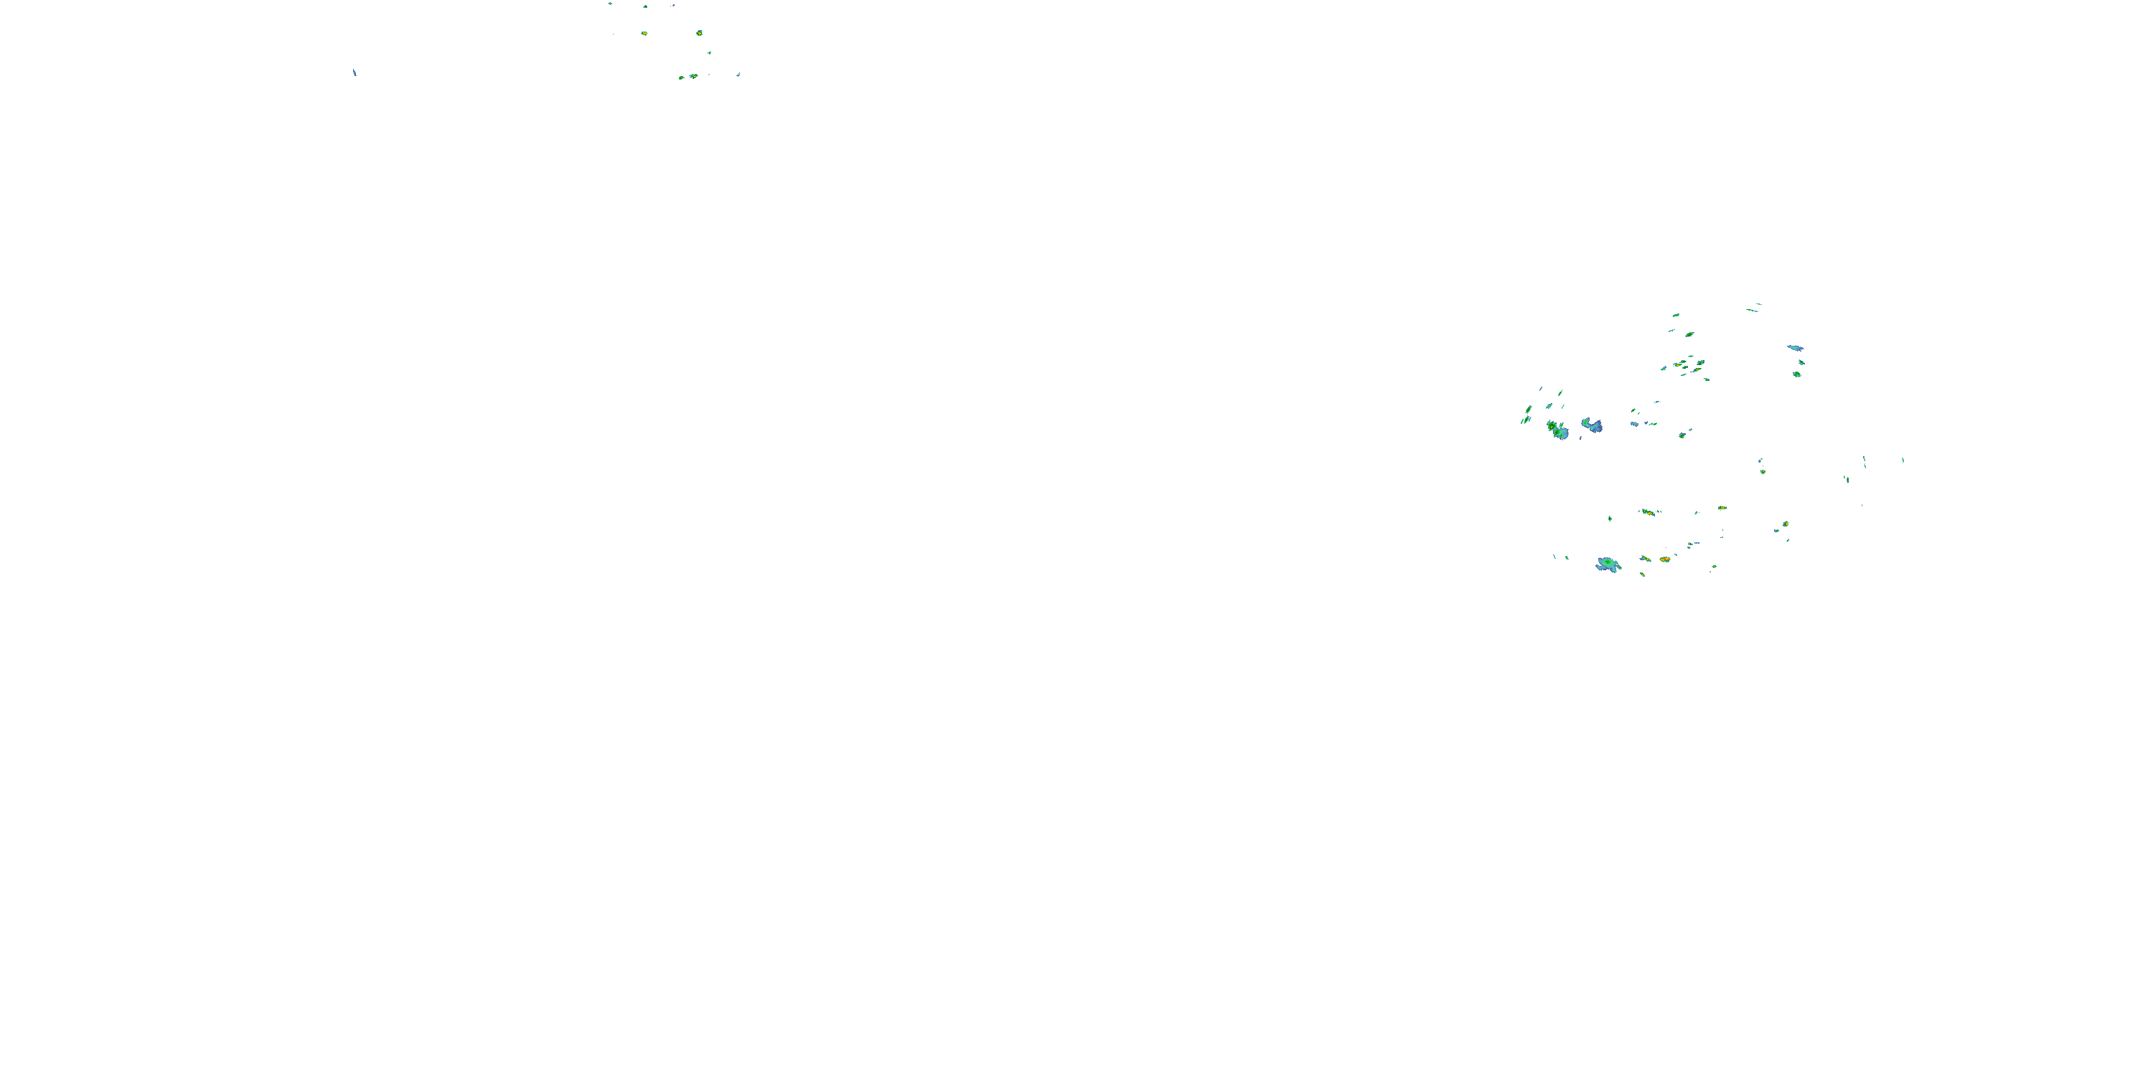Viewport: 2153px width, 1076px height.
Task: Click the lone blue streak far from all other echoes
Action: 355,72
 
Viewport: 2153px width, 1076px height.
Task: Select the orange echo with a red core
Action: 1664,559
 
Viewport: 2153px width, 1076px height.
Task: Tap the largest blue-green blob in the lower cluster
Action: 1608,565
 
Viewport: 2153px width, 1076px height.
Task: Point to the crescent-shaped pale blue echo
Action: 1593,426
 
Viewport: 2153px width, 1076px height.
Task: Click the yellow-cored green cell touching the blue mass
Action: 1552,426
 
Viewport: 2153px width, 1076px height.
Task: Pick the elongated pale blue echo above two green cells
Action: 1794,347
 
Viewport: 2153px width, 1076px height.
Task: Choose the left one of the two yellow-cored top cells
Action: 644,34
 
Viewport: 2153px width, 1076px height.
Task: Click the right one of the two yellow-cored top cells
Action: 699,34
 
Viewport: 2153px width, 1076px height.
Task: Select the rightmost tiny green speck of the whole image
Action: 1903,460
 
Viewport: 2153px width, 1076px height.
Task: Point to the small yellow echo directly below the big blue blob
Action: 1642,574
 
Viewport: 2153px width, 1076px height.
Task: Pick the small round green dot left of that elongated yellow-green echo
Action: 1610,518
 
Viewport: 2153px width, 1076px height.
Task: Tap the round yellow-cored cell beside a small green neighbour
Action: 1786,524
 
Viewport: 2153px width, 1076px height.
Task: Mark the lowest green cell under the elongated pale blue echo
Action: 1796,374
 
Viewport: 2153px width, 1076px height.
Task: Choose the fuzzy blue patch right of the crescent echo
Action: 1635,423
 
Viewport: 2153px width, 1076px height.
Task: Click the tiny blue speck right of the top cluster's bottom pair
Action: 738,75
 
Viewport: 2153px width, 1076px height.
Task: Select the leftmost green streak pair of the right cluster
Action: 1525,420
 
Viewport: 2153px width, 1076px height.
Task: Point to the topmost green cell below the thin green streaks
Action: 1676,315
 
